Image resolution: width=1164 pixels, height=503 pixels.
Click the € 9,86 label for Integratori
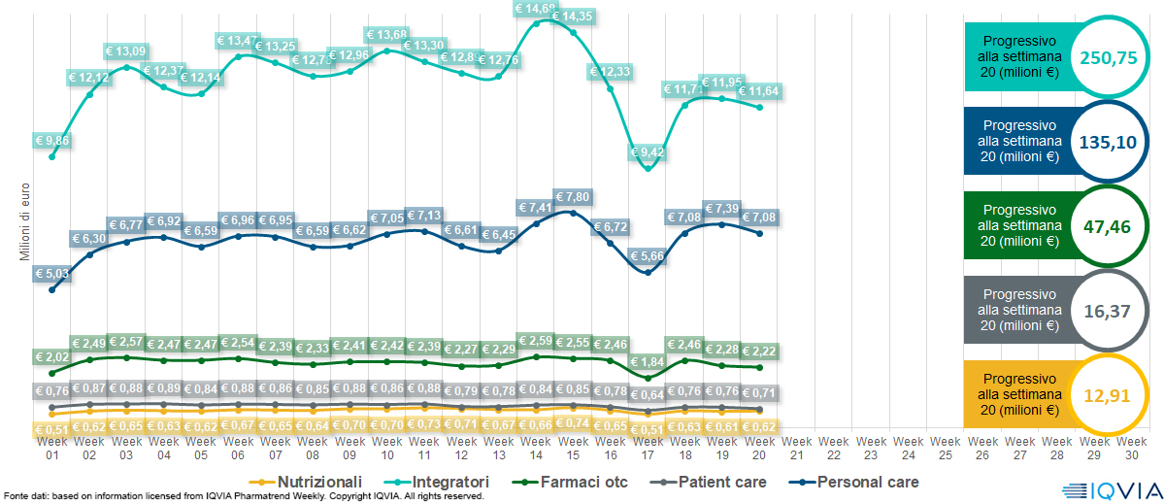[x=51, y=140]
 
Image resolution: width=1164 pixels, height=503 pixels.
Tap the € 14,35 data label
[x=572, y=16]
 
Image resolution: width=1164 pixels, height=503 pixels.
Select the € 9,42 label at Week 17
[x=647, y=152]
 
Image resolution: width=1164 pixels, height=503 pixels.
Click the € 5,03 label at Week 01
[x=51, y=274]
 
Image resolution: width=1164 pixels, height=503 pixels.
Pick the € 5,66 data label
[x=647, y=256]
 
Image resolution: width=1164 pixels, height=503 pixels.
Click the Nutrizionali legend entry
[x=310, y=482]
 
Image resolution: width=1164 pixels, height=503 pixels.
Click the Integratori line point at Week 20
[x=759, y=107]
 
